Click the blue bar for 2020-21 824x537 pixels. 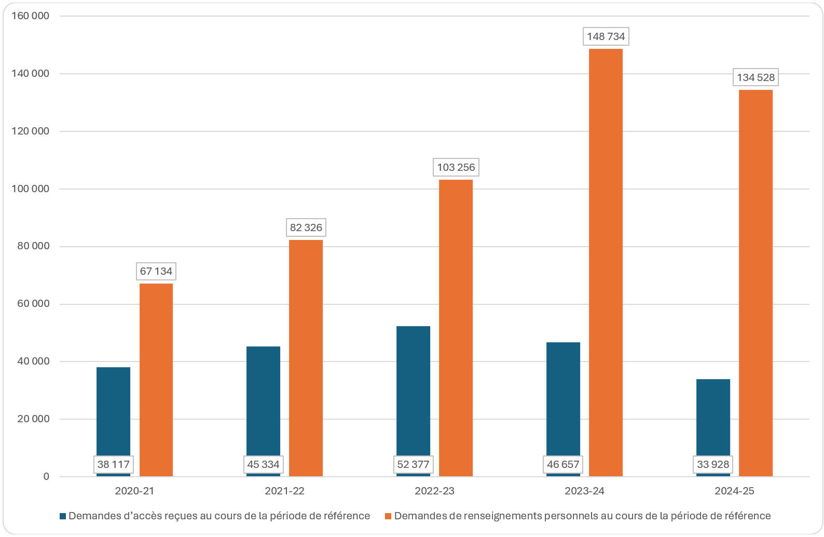pyautogui.click(x=113, y=410)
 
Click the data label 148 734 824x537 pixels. pyautogui.click(x=606, y=36)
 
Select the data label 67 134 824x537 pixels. pyautogui.click(x=156, y=271)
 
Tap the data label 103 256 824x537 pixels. pyautogui.click(x=456, y=167)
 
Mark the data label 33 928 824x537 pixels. pyautogui.click(x=713, y=464)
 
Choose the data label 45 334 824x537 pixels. pyautogui.click(x=263, y=464)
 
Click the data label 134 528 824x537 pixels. pyautogui.click(x=756, y=77)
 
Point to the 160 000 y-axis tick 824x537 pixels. pyautogui.click(x=31, y=16)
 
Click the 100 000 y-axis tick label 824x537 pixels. pyautogui.click(x=31, y=189)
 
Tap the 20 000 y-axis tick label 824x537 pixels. pyautogui.click(x=33, y=419)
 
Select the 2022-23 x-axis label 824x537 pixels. pyautogui.click(x=434, y=491)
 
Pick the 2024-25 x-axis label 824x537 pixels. pyautogui.click(x=734, y=491)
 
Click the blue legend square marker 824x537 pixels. pyautogui.click(x=63, y=516)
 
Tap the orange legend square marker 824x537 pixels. pyautogui.click(x=388, y=516)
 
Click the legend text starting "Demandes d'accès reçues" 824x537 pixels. pyautogui.click(x=219, y=516)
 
